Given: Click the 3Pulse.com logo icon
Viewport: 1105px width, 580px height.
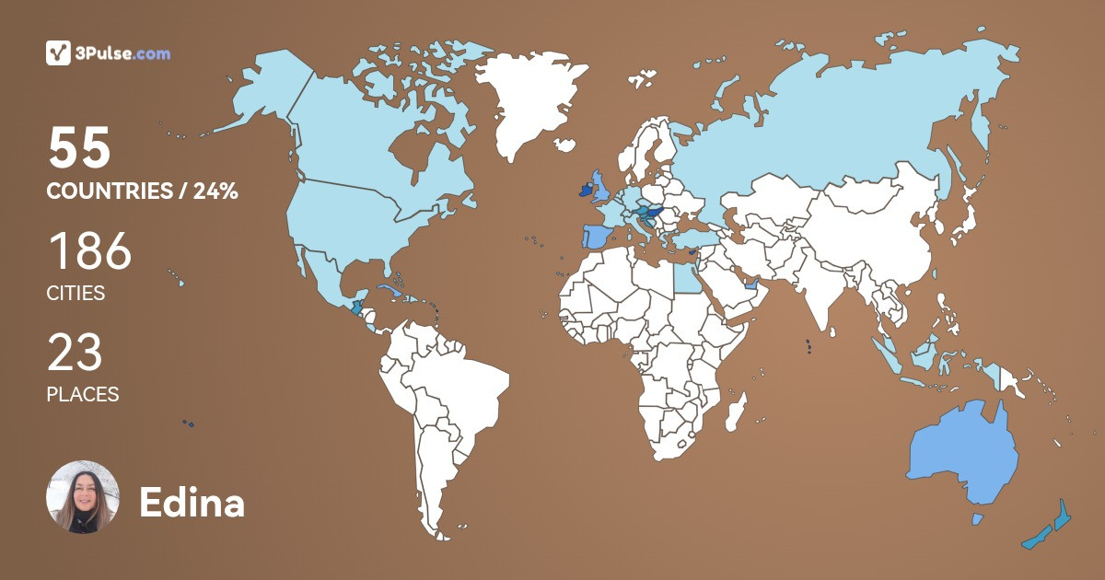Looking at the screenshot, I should click(x=58, y=53).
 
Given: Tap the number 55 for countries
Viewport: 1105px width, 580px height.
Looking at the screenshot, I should click(x=79, y=149).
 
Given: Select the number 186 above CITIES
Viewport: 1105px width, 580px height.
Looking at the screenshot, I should click(x=89, y=252).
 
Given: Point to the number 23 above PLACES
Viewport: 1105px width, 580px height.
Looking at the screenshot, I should click(x=75, y=354).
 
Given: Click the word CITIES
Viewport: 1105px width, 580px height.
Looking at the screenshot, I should click(x=76, y=294).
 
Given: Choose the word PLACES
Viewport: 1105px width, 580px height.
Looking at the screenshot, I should click(x=83, y=394).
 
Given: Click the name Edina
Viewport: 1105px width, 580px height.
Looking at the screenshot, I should click(x=192, y=503).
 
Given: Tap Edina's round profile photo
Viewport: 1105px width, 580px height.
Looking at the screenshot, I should click(x=83, y=497).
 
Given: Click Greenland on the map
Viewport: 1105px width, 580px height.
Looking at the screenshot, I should click(x=529, y=101).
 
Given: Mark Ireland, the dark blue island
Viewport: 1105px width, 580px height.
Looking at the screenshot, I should click(x=581, y=191).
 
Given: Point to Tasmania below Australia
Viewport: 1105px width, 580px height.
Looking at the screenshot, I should click(x=978, y=520).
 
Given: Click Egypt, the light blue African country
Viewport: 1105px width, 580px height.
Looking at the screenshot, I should click(x=683, y=277).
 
